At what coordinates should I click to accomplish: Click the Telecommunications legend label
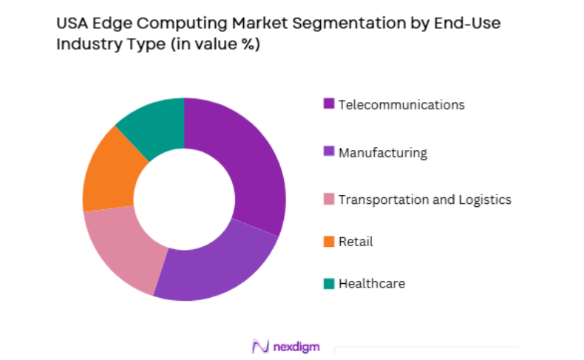click(x=401, y=104)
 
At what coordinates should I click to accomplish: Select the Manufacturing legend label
click(x=383, y=153)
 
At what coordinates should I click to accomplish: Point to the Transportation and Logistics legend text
click(x=424, y=199)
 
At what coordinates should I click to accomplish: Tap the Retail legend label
click(x=356, y=241)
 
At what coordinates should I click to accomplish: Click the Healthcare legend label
click(x=371, y=283)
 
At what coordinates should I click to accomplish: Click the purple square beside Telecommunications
click(x=328, y=104)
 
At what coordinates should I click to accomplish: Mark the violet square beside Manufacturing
click(x=328, y=153)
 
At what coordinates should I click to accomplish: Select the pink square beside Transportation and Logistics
click(x=328, y=199)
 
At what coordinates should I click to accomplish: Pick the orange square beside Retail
click(x=328, y=241)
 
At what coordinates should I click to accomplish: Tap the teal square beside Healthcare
click(x=328, y=283)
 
